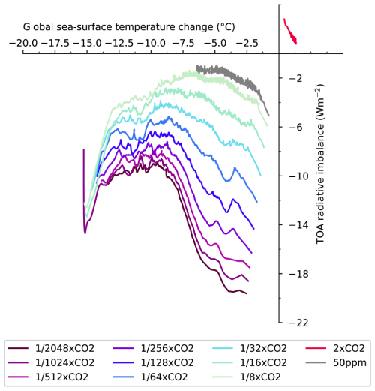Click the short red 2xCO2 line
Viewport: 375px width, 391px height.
pos(289,32)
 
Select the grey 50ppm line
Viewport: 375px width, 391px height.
pos(232,73)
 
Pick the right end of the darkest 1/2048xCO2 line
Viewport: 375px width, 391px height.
pos(246,293)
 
